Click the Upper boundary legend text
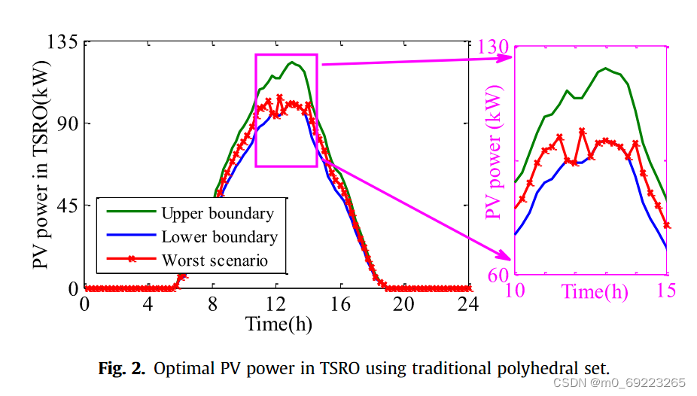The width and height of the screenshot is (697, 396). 218,214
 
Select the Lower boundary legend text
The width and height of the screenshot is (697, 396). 219,237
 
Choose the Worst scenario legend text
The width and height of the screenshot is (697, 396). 215,260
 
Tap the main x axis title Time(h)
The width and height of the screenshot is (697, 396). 278,324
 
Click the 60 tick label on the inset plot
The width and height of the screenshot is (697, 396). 497,276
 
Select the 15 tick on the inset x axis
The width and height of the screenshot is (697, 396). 665,291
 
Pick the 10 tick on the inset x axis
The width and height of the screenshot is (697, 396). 516,291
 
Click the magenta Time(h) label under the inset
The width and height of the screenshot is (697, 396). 594,291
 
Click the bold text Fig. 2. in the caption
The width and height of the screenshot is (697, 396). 123,368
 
